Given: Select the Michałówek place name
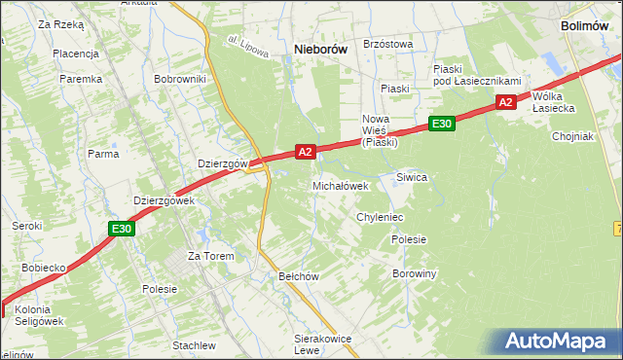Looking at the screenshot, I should [x=340, y=186].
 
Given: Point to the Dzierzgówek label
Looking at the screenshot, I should [x=165, y=200].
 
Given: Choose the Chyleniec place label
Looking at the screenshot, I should [x=380, y=217].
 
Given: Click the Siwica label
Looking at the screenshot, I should [x=412, y=177].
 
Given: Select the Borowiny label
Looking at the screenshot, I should [x=415, y=274].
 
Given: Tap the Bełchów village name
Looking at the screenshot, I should [x=299, y=276].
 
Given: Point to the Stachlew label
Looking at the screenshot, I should [x=193, y=345].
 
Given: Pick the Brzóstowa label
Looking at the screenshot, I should [x=387, y=44].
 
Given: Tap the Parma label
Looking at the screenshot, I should [x=103, y=154].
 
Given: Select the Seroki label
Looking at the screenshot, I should [x=26, y=226].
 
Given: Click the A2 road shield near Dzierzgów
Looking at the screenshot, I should [x=305, y=152].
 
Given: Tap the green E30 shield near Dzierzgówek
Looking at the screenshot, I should [x=121, y=229].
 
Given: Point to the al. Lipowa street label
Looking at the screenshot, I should [x=247, y=48].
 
